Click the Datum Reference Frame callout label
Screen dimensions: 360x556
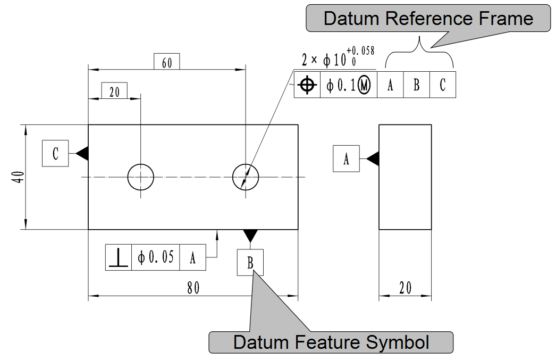pyautogui.click(x=428, y=19)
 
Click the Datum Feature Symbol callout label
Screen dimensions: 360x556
pyautogui.click(x=331, y=342)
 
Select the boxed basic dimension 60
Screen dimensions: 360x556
pyautogui.click(x=166, y=62)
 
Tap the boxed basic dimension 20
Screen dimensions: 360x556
pyautogui.click(x=114, y=91)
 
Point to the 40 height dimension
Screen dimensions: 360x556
pyautogui.click(x=18, y=177)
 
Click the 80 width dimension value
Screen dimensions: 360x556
pyautogui.click(x=192, y=288)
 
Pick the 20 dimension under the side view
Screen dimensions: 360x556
pyautogui.click(x=405, y=288)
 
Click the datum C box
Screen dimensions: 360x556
pyautogui.click(x=55, y=154)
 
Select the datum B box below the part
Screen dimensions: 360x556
pyautogui.click(x=250, y=263)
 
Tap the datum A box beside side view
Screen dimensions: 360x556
pyautogui.click(x=346, y=158)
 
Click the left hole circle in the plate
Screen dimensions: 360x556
pyautogui.click(x=140, y=177)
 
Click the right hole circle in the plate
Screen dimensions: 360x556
pyautogui.click(x=246, y=177)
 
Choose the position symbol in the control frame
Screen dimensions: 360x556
pyautogui.click(x=307, y=85)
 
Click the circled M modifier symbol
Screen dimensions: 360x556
pyautogui.click(x=364, y=85)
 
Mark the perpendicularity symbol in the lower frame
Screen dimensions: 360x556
pyautogui.click(x=118, y=258)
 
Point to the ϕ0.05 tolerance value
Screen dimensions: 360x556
pyautogui.click(x=155, y=258)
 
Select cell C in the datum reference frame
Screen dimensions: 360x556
pyautogui.click(x=443, y=85)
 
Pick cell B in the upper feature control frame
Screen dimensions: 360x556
pyautogui.click(x=416, y=85)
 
